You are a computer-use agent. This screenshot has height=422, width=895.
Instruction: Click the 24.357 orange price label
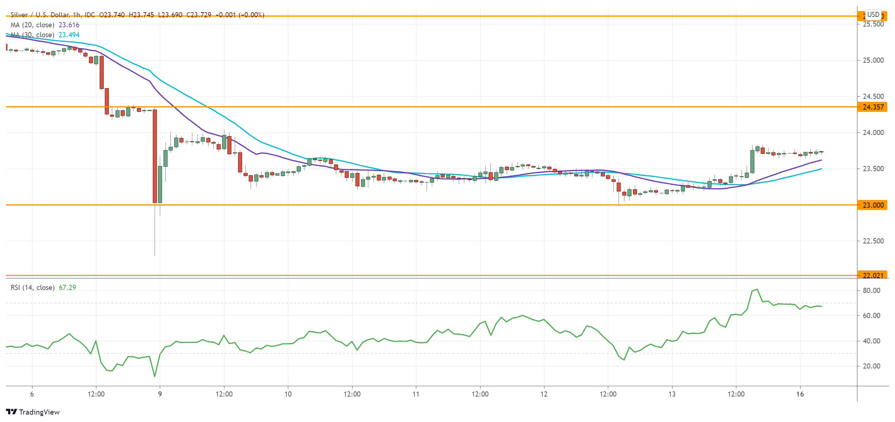pos(873,107)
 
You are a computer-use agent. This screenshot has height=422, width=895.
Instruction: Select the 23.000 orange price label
pos(873,205)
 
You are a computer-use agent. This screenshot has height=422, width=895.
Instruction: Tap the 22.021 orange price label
pos(873,275)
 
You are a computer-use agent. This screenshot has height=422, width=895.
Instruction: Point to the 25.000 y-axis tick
pos(873,60)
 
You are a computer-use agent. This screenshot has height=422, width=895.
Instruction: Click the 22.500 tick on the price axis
pos(873,241)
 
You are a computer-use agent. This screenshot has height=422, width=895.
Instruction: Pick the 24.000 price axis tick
pos(873,132)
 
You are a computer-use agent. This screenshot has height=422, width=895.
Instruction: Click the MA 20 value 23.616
pos(69,25)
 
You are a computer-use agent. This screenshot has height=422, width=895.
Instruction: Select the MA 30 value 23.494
pos(69,35)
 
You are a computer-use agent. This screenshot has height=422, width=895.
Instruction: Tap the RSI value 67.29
pos(68,287)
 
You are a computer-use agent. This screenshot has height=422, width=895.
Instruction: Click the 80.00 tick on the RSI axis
pos(871,291)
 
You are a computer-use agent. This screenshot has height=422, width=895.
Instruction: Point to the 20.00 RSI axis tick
pos(871,366)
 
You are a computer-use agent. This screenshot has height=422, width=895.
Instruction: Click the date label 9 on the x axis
pos(160,394)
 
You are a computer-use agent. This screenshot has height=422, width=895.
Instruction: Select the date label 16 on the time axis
pos(800,394)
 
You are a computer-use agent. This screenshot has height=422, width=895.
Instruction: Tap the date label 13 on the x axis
pos(672,394)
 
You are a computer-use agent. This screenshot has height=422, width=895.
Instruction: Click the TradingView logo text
pos(39,412)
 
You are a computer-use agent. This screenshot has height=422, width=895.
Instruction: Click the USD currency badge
pos(873,14)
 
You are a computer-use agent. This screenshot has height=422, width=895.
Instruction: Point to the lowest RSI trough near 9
pos(155,376)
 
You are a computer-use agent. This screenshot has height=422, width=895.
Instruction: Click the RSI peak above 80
pos(757,290)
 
